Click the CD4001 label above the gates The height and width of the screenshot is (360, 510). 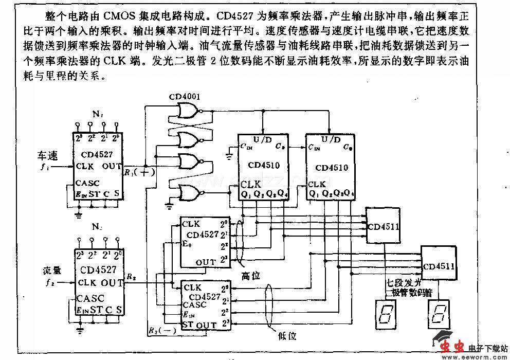pos(186,96)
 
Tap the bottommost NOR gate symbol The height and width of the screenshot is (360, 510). pos(188,193)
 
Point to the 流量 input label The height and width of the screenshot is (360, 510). pos(51,271)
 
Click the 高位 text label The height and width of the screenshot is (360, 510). pos(251,276)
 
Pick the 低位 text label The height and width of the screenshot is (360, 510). pos(287,336)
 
